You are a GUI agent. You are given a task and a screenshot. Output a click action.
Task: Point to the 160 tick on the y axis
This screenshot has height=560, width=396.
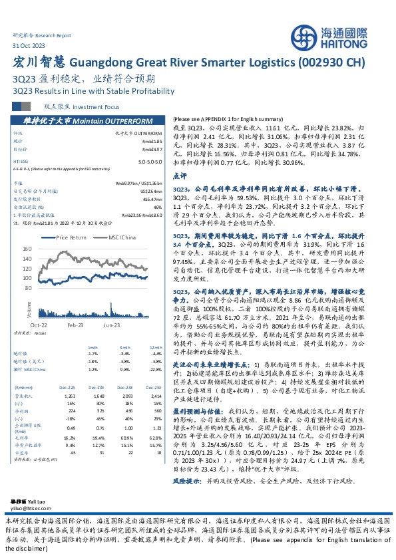coord(45,249)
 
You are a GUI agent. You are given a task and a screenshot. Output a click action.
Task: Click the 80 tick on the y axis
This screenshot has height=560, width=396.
coord(47,288)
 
